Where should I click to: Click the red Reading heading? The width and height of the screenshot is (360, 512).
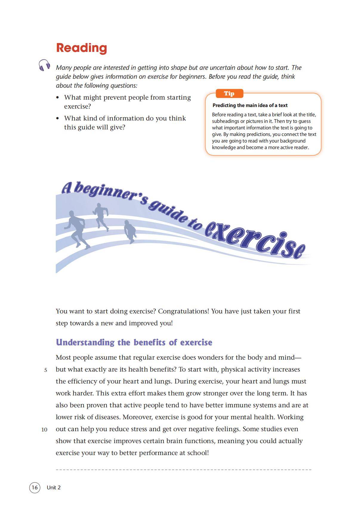click(x=81, y=48)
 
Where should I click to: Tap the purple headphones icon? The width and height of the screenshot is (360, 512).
click(x=44, y=65)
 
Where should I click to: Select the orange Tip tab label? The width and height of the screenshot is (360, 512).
click(x=229, y=93)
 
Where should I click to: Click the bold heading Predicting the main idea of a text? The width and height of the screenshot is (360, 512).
click(x=250, y=105)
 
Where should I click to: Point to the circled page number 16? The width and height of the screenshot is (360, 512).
click(x=35, y=487)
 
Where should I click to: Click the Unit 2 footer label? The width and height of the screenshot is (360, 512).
click(x=54, y=487)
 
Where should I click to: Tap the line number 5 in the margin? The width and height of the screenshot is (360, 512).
click(x=46, y=370)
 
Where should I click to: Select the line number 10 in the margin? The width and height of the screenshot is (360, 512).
click(x=44, y=430)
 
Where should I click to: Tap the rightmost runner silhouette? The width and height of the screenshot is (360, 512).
click(x=130, y=231)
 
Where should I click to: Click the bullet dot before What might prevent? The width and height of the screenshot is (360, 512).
click(x=58, y=98)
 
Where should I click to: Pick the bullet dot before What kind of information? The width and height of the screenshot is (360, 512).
click(x=58, y=118)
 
